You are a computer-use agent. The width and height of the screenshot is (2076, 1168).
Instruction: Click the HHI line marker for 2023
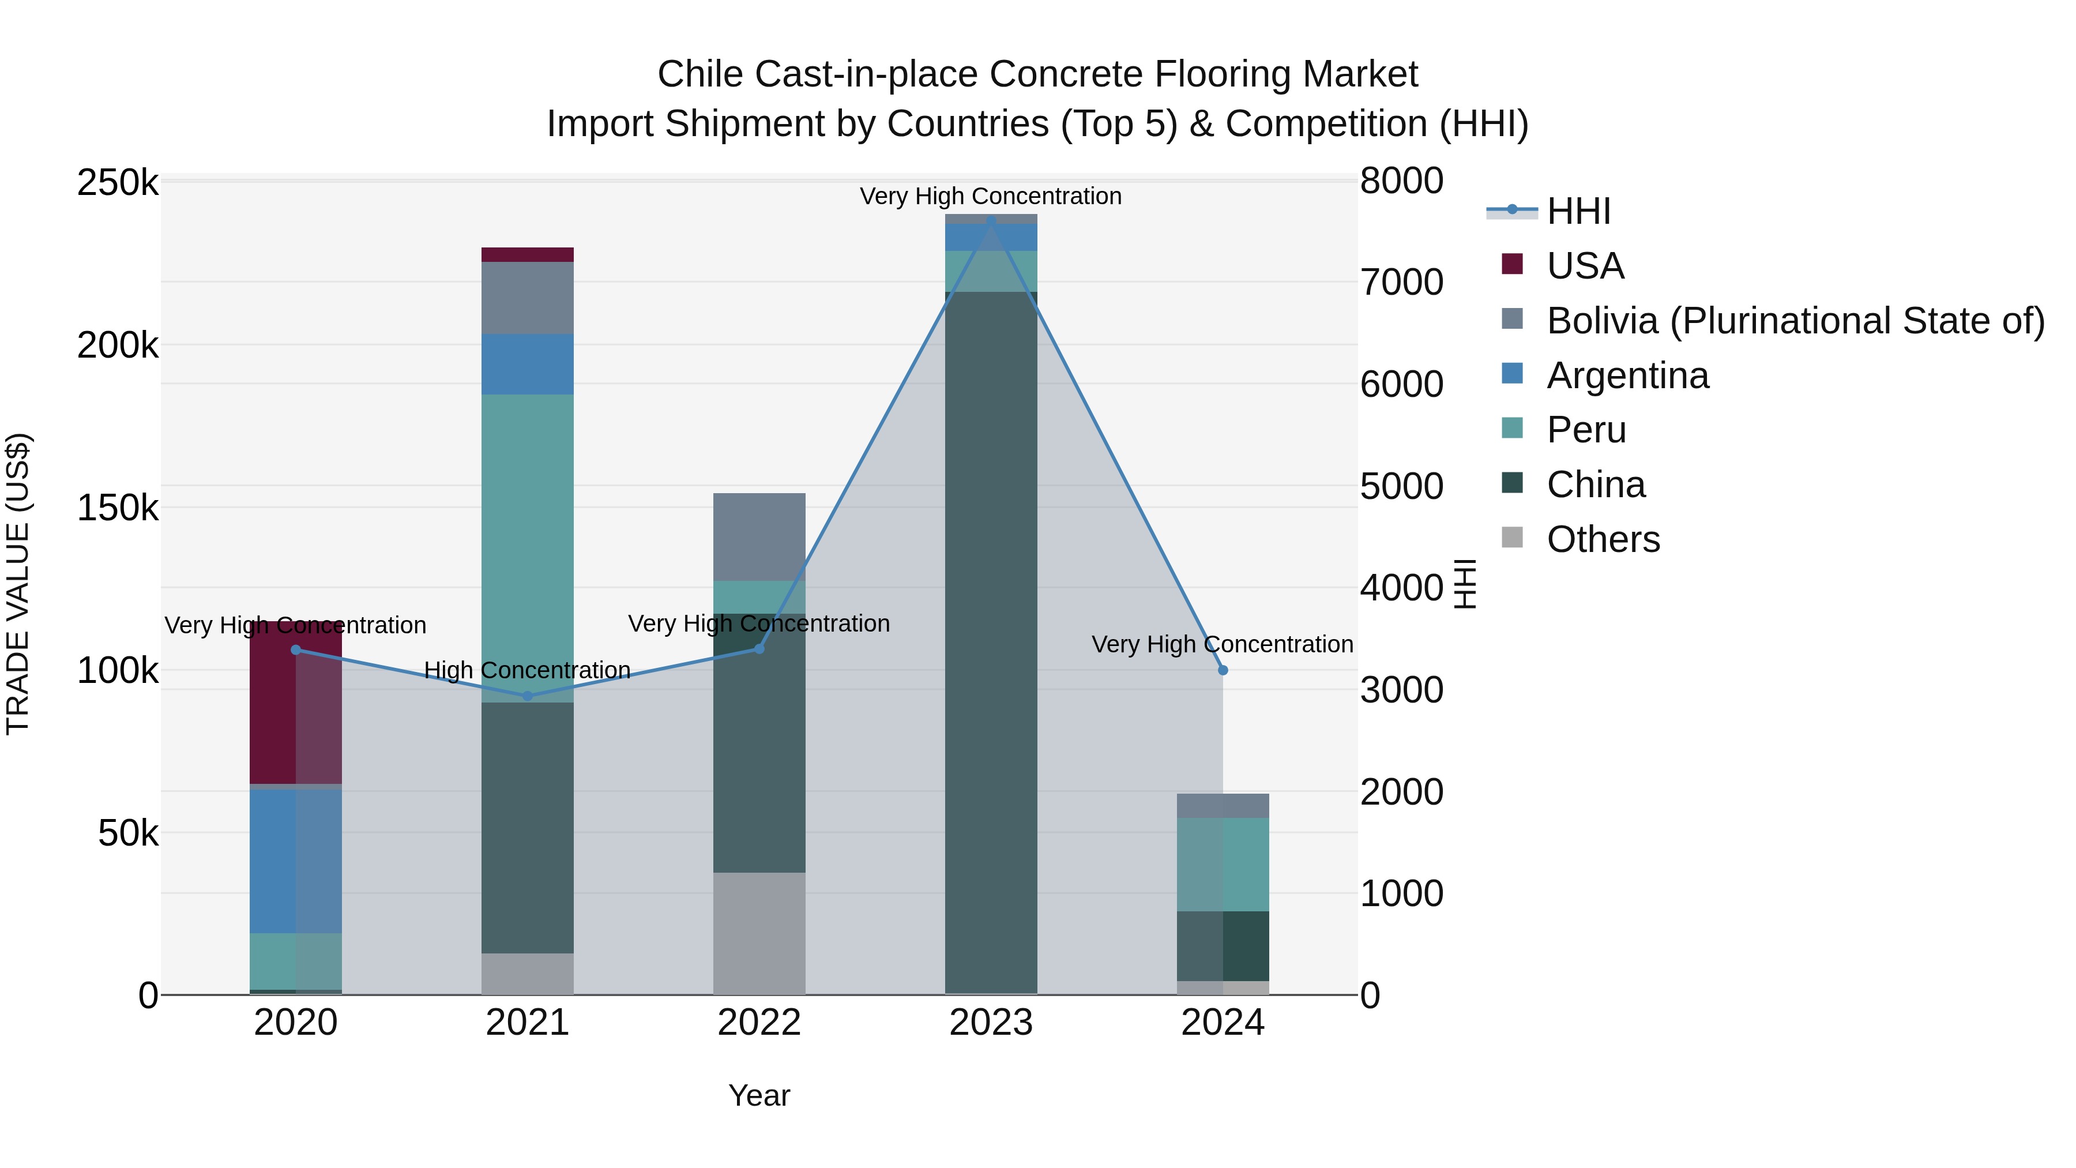pyautogui.click(x=991, y=221)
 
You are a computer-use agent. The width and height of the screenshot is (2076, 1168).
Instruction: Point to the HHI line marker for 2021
pyautogui.click(x=528, y=696)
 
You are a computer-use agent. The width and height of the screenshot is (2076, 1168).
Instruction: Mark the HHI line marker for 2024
pyautogui.click(x=1223, y=670)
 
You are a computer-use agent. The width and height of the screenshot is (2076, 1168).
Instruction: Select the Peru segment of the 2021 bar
pyautogui.click(x=528, y=548)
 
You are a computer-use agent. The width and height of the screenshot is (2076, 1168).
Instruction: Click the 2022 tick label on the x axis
pyautogui.click(x=759, y=1023)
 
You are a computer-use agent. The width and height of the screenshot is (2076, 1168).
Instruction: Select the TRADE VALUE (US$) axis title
pyautogui.click(x=18, y=584)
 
